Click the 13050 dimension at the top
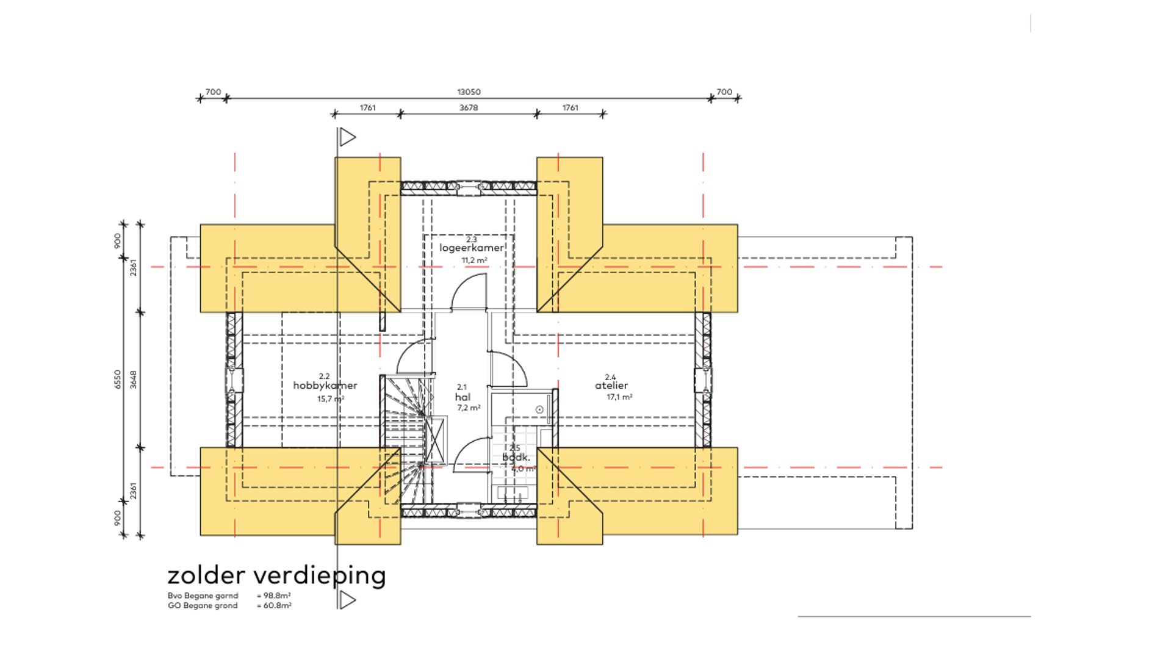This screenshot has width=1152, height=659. [469, 92]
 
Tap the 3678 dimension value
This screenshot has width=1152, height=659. [469, 108]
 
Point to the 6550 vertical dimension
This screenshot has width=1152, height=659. [118, 379]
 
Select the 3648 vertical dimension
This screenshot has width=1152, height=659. [134, 379]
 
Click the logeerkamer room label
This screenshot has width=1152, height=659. [472, 248]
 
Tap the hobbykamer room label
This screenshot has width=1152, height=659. [325, 386]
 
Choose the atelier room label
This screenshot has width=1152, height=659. [611, 386]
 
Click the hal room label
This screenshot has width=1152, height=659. [463, 397]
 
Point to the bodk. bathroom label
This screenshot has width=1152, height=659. [516, 458]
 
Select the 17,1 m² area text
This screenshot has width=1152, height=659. [619, 397]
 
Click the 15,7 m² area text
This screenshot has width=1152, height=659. [331, 399]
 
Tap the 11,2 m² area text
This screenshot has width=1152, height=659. [474, 261]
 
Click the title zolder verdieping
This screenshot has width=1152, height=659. [276, 575]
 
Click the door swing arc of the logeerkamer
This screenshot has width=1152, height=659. [467, 290]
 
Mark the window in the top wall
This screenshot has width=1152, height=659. [469, 188]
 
